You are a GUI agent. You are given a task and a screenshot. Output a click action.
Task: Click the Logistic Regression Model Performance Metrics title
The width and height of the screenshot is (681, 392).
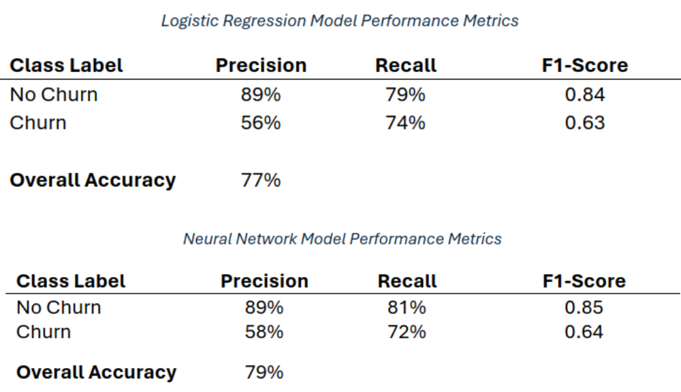point(339,21)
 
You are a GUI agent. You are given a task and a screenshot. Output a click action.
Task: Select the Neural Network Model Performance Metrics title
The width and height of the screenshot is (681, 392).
point(342,239)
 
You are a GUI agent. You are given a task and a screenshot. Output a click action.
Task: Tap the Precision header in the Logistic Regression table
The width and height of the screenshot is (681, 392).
point(261,65)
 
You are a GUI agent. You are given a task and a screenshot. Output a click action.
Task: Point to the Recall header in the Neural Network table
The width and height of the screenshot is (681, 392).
point(407,281)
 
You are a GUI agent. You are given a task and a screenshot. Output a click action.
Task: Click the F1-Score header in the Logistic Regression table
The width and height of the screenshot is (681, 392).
point(584,65)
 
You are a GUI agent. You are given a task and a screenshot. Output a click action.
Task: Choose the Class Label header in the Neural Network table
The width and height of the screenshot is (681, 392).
point(71,281)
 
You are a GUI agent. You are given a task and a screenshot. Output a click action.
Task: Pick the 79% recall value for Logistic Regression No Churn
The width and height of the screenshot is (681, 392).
point(406,95)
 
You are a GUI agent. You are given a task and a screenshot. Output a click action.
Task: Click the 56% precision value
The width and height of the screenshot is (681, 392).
point(261,123)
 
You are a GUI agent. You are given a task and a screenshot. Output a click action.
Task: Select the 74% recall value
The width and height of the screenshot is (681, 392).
point(406,123)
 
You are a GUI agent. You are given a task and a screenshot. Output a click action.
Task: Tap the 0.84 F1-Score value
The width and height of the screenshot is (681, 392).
point(584,95)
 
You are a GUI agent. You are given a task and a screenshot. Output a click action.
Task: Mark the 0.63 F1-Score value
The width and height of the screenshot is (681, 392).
point(584,123)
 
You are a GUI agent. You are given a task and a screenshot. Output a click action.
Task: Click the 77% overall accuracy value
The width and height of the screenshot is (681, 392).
point(261,180)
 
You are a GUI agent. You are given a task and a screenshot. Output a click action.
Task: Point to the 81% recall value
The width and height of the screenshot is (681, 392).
point(407,308)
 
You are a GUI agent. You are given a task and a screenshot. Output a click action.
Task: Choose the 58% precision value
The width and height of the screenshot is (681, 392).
point(264,332)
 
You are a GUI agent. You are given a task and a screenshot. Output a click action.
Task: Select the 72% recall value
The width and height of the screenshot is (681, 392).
point(407,332)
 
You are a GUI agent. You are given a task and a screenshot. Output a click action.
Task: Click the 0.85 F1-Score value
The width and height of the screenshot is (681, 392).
point(584,308)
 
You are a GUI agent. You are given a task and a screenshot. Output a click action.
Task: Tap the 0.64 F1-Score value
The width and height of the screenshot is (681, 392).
point(584,332)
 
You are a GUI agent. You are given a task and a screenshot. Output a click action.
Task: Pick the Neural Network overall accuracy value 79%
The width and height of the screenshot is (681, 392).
point(264,373)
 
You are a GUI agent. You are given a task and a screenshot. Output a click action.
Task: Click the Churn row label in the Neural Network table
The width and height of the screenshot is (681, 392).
point(44,332)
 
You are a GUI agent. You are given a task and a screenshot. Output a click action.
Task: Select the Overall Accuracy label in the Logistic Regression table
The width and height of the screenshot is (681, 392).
point(93,180)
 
